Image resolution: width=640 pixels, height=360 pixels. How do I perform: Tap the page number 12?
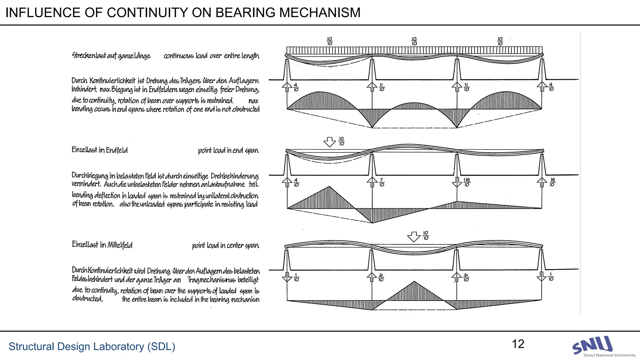tap(518, 344)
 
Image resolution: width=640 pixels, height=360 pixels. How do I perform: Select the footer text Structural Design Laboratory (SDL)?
tap(92, 347)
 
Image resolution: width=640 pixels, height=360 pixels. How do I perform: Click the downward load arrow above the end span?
tap(329, 142)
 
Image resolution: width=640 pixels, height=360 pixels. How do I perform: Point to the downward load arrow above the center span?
tap(414, 237)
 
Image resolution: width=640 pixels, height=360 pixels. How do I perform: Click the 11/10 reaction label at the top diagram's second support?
tap(382, 87)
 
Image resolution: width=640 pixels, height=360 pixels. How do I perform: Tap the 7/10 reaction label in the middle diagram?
tap(382, 182)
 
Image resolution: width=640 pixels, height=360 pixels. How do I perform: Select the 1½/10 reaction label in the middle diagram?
tap(467, 182)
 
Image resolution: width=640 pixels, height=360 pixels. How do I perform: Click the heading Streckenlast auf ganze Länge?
tap(111, 56)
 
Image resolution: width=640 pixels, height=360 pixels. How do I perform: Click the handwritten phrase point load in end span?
tap(228, 151)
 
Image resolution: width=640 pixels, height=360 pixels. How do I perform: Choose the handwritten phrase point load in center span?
tap(225, 246)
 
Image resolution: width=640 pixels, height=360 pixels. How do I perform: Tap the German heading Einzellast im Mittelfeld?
tap(102, 245)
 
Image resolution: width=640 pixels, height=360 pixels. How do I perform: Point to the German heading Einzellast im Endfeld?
tap(100, 150)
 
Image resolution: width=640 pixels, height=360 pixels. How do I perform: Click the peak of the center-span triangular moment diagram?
tap(414, 282)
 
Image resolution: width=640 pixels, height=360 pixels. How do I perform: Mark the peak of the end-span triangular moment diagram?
tap(329, 187)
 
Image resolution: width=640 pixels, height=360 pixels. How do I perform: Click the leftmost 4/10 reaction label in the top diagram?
tap(296, 87)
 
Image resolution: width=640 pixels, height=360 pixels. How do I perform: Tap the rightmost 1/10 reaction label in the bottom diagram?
tap(551, 277)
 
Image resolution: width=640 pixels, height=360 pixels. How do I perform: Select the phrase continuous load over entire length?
tap(211, 56)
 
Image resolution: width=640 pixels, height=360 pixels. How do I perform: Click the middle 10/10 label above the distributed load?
tap(414, 41)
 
